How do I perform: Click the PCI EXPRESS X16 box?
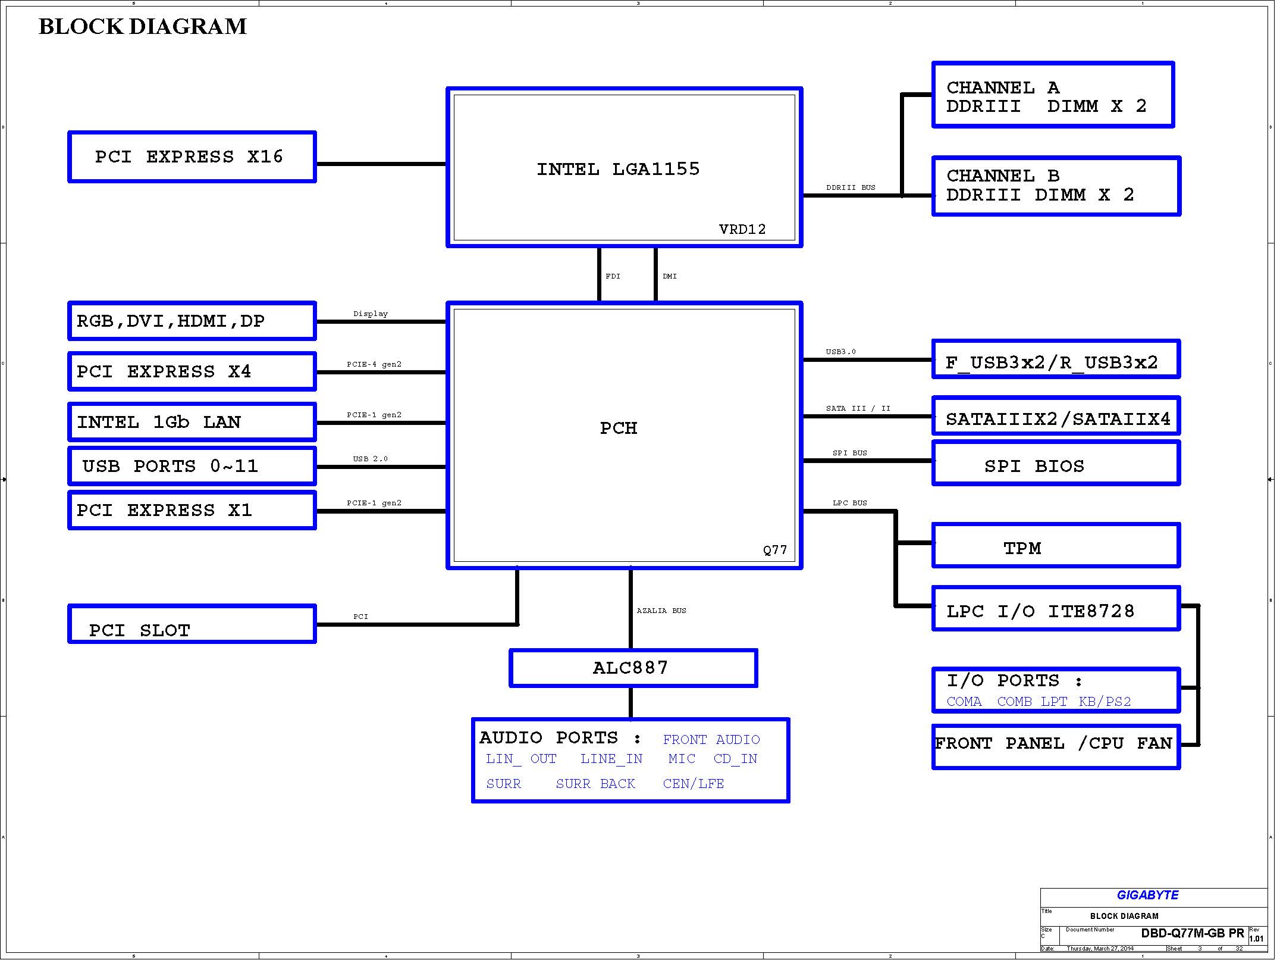[192, 157]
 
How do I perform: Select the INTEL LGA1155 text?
[618, 169]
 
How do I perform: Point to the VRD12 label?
[742, 229]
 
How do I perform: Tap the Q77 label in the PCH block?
[775, 550]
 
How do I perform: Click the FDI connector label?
[613, 276]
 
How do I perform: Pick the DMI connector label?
[670, 276]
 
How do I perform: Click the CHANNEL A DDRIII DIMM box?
[1053, 95]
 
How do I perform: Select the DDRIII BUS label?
[851, 187]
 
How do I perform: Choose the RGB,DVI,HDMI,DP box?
[192, 321]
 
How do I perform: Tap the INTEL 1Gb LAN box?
[192, 422]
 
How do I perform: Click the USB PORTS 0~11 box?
[192, 466]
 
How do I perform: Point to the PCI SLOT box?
[192, 624]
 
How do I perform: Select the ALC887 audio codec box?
[633, 668]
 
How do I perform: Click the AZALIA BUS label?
[661, 611]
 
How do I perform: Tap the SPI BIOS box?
[1056, 463]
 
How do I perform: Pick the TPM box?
[1056, 545]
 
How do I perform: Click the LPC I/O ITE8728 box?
[1056, 608]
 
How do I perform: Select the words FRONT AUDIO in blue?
[711, 740]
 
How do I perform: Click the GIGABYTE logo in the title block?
[1147, 895]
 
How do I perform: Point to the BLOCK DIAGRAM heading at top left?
[143, 26]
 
